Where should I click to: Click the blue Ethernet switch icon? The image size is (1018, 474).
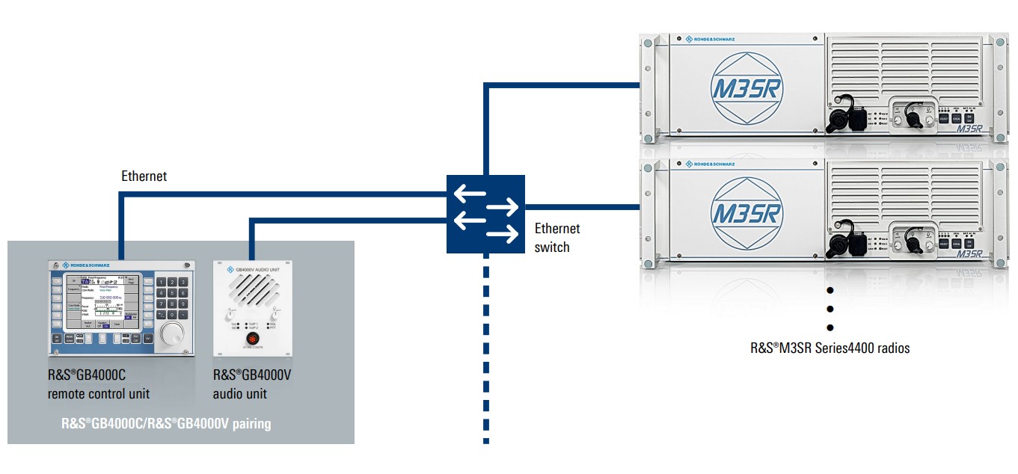[486, 214]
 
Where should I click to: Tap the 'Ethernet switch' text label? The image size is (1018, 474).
[557, 238]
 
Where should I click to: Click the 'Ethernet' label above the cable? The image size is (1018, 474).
[144, 176]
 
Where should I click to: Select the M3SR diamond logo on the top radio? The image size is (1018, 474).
[743, 87]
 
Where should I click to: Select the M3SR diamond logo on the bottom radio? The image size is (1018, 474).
[743, 213]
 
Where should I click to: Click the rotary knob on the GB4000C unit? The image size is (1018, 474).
[171, 333]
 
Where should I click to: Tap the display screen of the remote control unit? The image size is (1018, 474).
[100, 302]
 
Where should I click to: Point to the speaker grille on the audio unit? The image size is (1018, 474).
[252, 289]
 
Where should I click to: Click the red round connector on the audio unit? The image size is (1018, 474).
[252, 342]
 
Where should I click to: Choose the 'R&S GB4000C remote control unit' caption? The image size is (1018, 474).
[98, 384]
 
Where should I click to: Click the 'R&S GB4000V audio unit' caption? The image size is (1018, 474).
[252, 384]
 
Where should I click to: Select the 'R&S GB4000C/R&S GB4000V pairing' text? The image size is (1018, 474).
[166, 424]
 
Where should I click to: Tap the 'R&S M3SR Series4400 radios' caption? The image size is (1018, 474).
[830, 348]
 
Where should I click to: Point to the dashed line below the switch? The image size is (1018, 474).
[486, 351]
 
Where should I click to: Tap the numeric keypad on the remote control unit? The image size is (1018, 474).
[171, 299]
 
